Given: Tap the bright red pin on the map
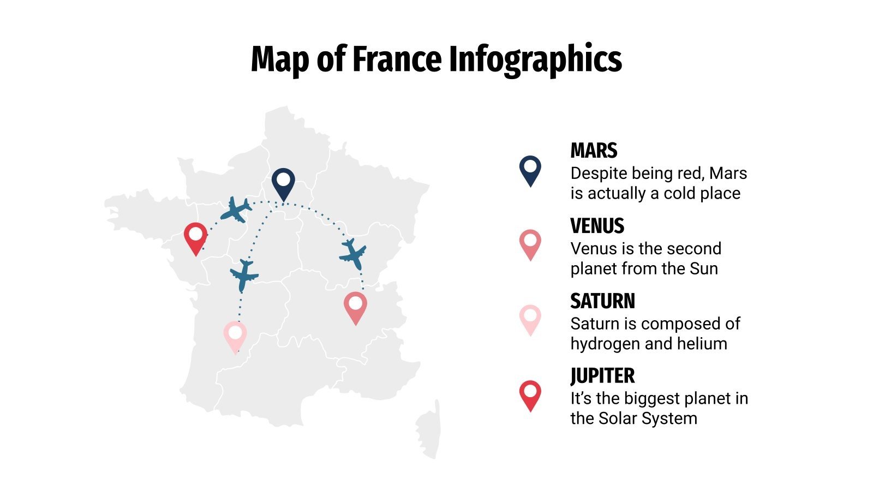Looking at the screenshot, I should pyautogui.click(x=195, y=237).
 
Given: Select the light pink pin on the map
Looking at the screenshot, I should pyautogui.click(x=235, y=335).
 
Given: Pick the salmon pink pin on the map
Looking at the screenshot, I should pyautogui.click(x=355, y=306).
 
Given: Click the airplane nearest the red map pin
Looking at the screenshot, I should pyautogui.click(x=236, y=209).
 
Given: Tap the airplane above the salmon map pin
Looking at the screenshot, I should pyautogui.click(x=353, y=253).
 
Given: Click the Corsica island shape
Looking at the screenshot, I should pyautogui.click(x=429, y=431).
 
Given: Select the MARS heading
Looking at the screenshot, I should pyautogui.click(x=594, y=151).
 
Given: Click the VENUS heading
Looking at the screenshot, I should pyautogui.click(x=597, y=226).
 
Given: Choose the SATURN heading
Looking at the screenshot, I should pyautogui.click(x=602, y=301).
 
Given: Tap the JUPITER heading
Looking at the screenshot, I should pyautogui.click(x=602, y=376).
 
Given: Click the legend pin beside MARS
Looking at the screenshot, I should pyautogui.click(x=530, y=170).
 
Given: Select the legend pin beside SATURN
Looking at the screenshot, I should pyautogui.click(x=530, y=319).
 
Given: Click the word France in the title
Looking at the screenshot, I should pyautogui.click(x=397, y=59).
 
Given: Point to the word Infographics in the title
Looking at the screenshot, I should pyautogui.click(x=535, y=59).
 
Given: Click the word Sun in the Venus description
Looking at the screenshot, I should pyautogui.click(x=704, y=268).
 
